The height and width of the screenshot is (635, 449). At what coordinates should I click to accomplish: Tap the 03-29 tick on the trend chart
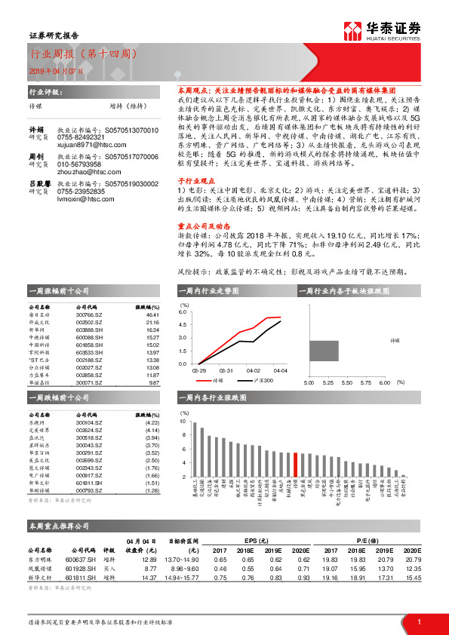[199, 370]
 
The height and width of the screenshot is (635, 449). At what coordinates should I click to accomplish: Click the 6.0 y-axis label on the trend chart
[182, 311]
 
